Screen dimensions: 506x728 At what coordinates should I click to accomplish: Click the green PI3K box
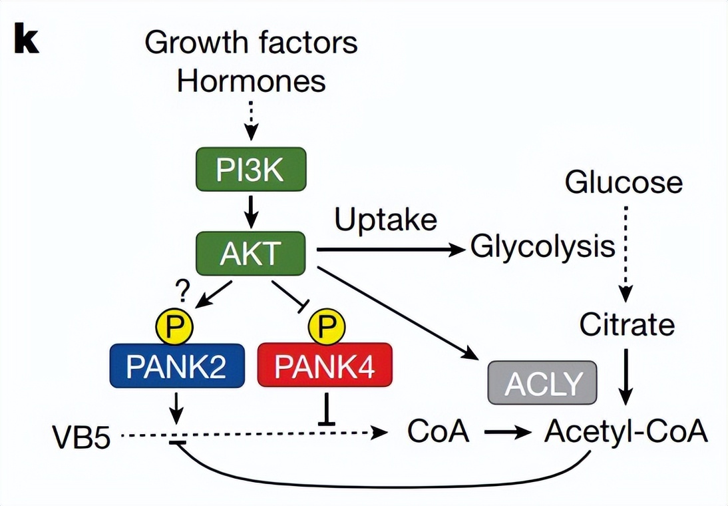[251, 170]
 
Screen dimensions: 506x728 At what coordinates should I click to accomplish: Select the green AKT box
[251, 253]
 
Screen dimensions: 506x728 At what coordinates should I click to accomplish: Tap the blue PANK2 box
[177, 366]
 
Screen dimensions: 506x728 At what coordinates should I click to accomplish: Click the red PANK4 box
[325, 366]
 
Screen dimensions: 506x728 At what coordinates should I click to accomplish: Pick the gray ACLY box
[543, 383]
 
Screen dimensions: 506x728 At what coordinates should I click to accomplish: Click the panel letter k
[26, 41]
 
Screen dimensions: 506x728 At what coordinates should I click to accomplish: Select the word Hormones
[251, 82]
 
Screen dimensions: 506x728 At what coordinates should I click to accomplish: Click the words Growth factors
[251, 43]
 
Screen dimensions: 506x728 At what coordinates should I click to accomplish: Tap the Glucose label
[624, 182]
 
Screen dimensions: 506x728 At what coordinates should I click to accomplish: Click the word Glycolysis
[542, 247]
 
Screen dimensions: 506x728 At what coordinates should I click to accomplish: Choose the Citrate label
[626, 326]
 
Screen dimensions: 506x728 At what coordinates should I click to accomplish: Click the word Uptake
[386, 220]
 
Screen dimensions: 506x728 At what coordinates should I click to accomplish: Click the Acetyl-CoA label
[625, 432]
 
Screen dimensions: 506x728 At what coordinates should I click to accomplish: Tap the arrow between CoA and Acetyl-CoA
[508, 433]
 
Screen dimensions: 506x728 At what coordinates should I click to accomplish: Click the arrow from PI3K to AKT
[251, 211]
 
